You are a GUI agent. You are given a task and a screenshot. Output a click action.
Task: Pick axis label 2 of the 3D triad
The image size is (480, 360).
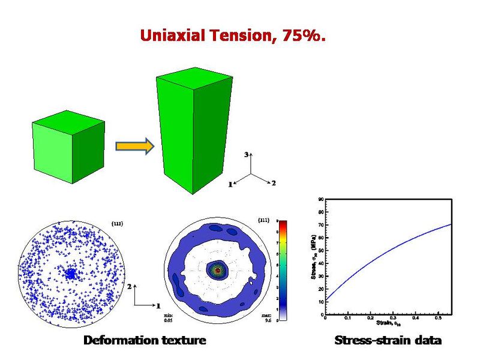[x=274, y=183]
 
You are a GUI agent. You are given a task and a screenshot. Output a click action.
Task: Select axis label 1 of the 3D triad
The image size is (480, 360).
[x=229, y=185]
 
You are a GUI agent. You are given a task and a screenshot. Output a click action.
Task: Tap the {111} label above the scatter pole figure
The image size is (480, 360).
[x=118, y=223]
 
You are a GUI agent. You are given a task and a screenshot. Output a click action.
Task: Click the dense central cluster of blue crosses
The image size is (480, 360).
[x=71, y=274]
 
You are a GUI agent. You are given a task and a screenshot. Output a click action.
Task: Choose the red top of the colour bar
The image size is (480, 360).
[x=281, y=223]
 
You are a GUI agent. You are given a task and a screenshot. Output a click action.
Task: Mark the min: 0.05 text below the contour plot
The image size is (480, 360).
[x=169, y=318]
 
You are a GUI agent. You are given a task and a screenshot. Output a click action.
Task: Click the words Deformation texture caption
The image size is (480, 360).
[x=145, y=341]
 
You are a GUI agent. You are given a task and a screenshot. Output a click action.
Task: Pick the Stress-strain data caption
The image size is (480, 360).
[x=388, y=341]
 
